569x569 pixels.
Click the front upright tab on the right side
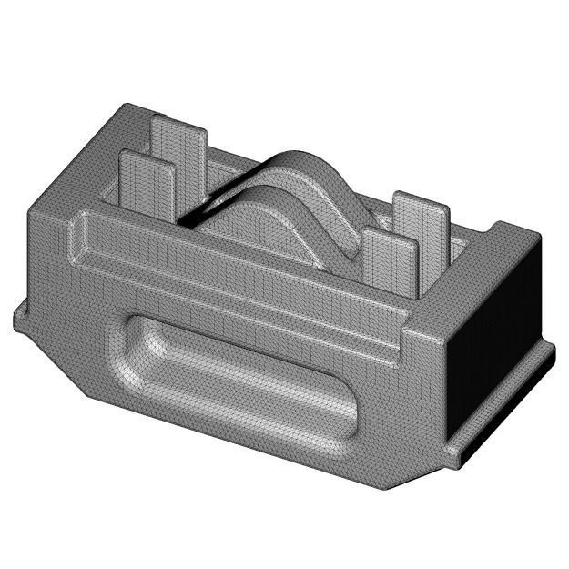pos(387,264)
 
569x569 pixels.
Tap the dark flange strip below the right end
pos(510,401)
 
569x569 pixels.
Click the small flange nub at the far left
pos(20,317)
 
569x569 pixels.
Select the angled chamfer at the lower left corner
pos(64,364)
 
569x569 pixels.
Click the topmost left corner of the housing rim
pos(127,107)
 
